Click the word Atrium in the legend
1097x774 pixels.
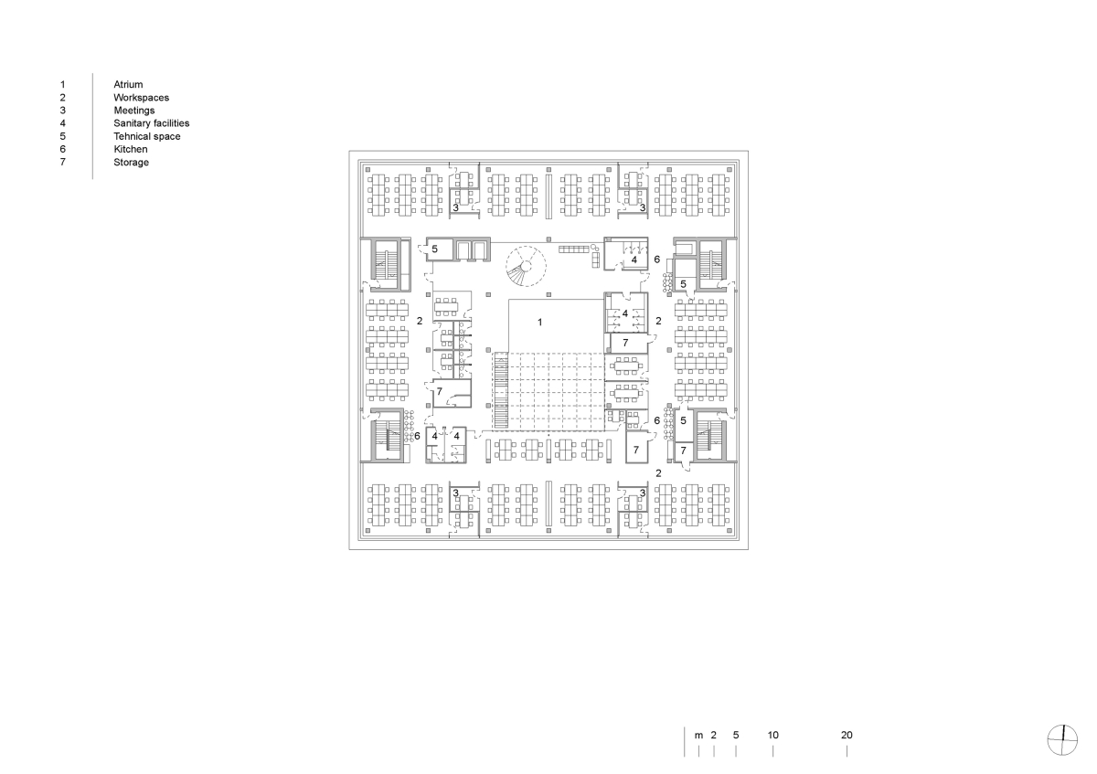pos(128,85)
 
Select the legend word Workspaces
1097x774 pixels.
pos(141,98)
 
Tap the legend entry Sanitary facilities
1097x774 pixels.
pos(152,123)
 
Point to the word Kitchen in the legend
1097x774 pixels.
pos(130,149)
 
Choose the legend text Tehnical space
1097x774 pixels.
pos(147,136)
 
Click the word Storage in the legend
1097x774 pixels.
pos(132,163)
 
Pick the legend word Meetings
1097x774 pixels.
pos(134,111)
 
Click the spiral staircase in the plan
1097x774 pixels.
pos(526,266)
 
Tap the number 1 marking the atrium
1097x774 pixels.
pos(539,323)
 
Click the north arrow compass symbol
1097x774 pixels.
pos(1062,740)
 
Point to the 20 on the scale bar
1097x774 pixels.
pos(847,735)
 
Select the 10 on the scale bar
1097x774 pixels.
pos(772,735)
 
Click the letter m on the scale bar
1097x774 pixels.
pos(698,736)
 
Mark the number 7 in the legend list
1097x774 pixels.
pos(63,162)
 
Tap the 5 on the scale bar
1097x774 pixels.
pos(736,735)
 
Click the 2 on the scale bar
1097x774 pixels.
pos(714,735)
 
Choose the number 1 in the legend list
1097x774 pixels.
pos(63,85)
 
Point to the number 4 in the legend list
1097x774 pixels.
pos(63,123)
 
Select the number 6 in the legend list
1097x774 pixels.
pos(63,149)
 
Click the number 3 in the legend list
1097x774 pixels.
pos(63,111)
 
